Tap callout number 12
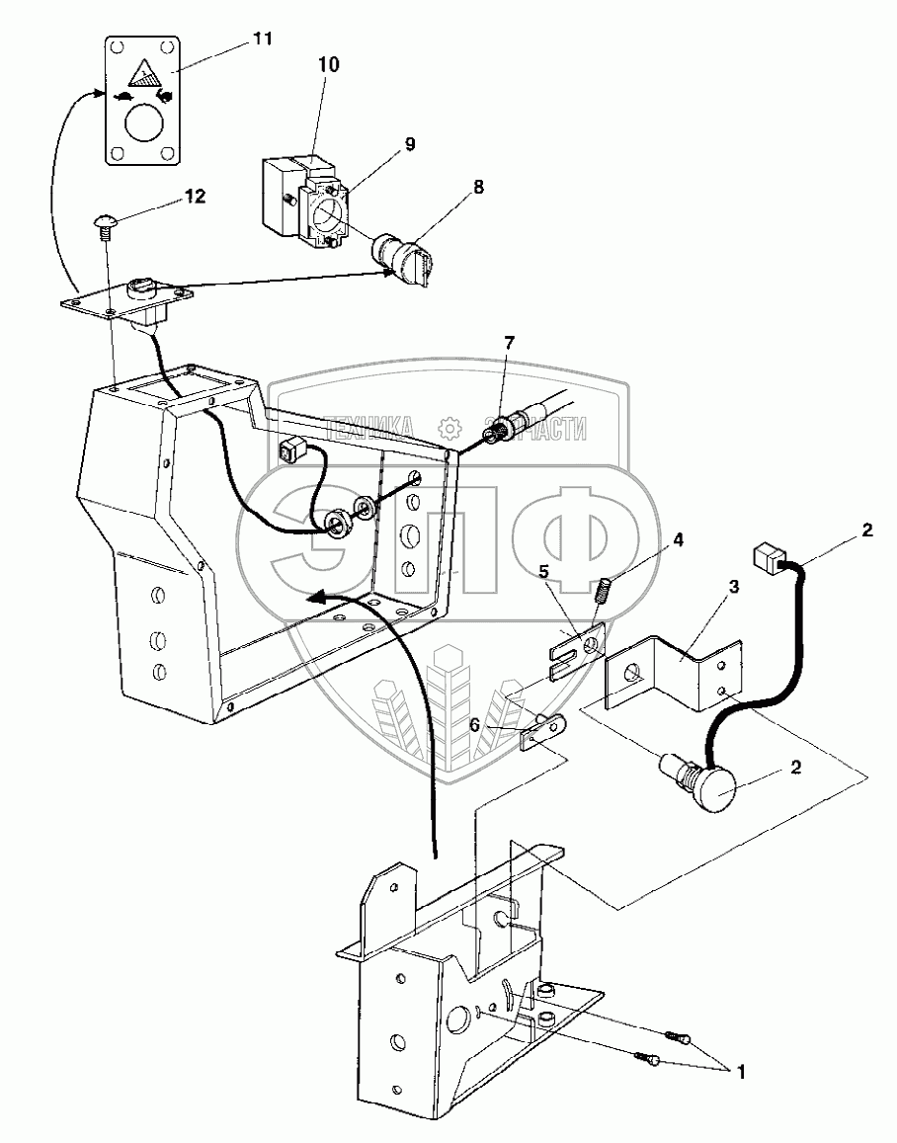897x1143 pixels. pos(194,197)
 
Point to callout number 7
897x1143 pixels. pos(509,343)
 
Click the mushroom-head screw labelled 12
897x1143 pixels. pos(106,224)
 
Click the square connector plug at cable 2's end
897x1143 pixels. pos(768,560)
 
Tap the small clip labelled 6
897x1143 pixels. pos(542,733)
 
